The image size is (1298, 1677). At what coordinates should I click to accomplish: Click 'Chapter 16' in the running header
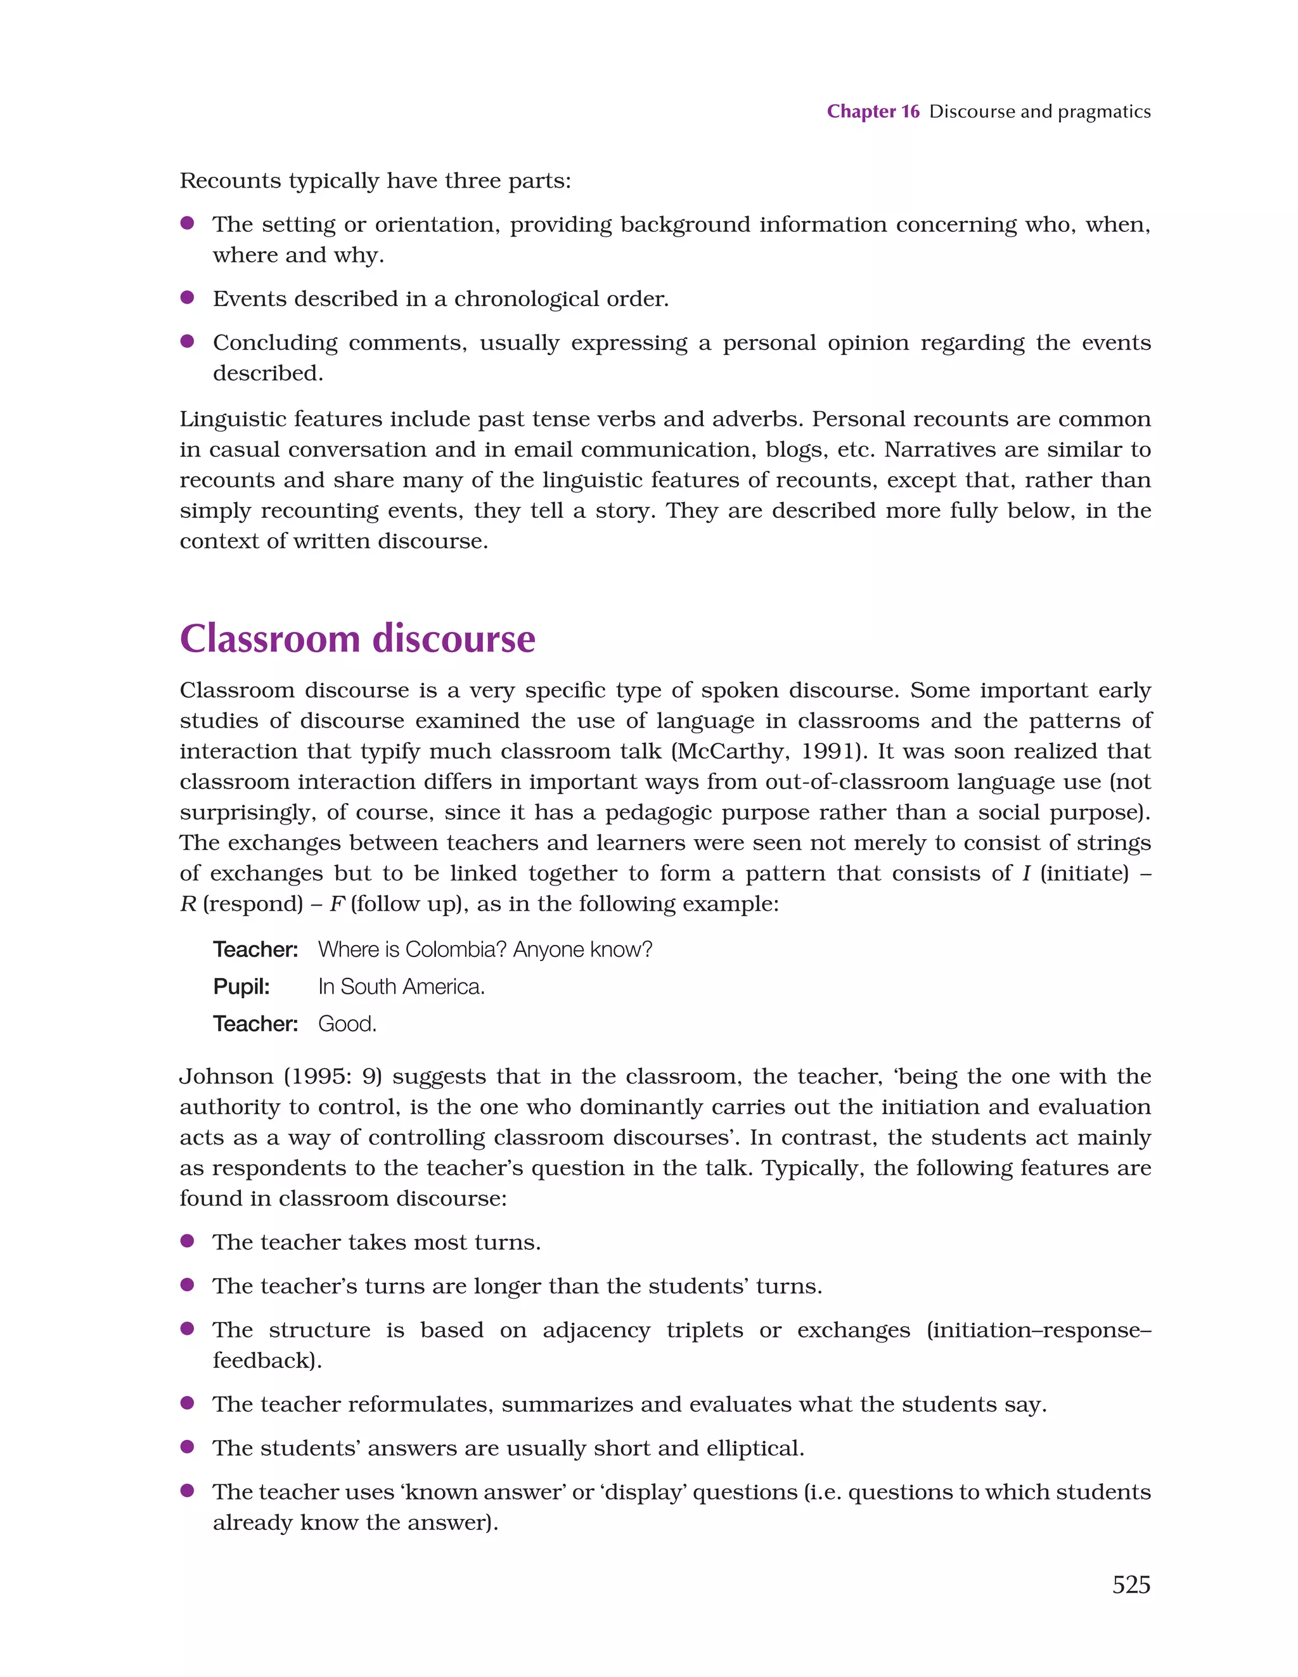click(x=873, y=112)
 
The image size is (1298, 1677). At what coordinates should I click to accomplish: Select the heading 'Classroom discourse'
click(x=357, y=639)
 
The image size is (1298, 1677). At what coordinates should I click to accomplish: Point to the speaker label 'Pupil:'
click(x=241, y=987)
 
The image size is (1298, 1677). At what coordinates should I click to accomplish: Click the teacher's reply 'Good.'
click(x=347, y=1024)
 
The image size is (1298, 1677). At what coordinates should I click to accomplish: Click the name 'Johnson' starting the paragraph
click(x=226, y=1077)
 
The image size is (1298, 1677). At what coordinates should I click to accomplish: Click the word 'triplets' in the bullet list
click(x=704, y=1330)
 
